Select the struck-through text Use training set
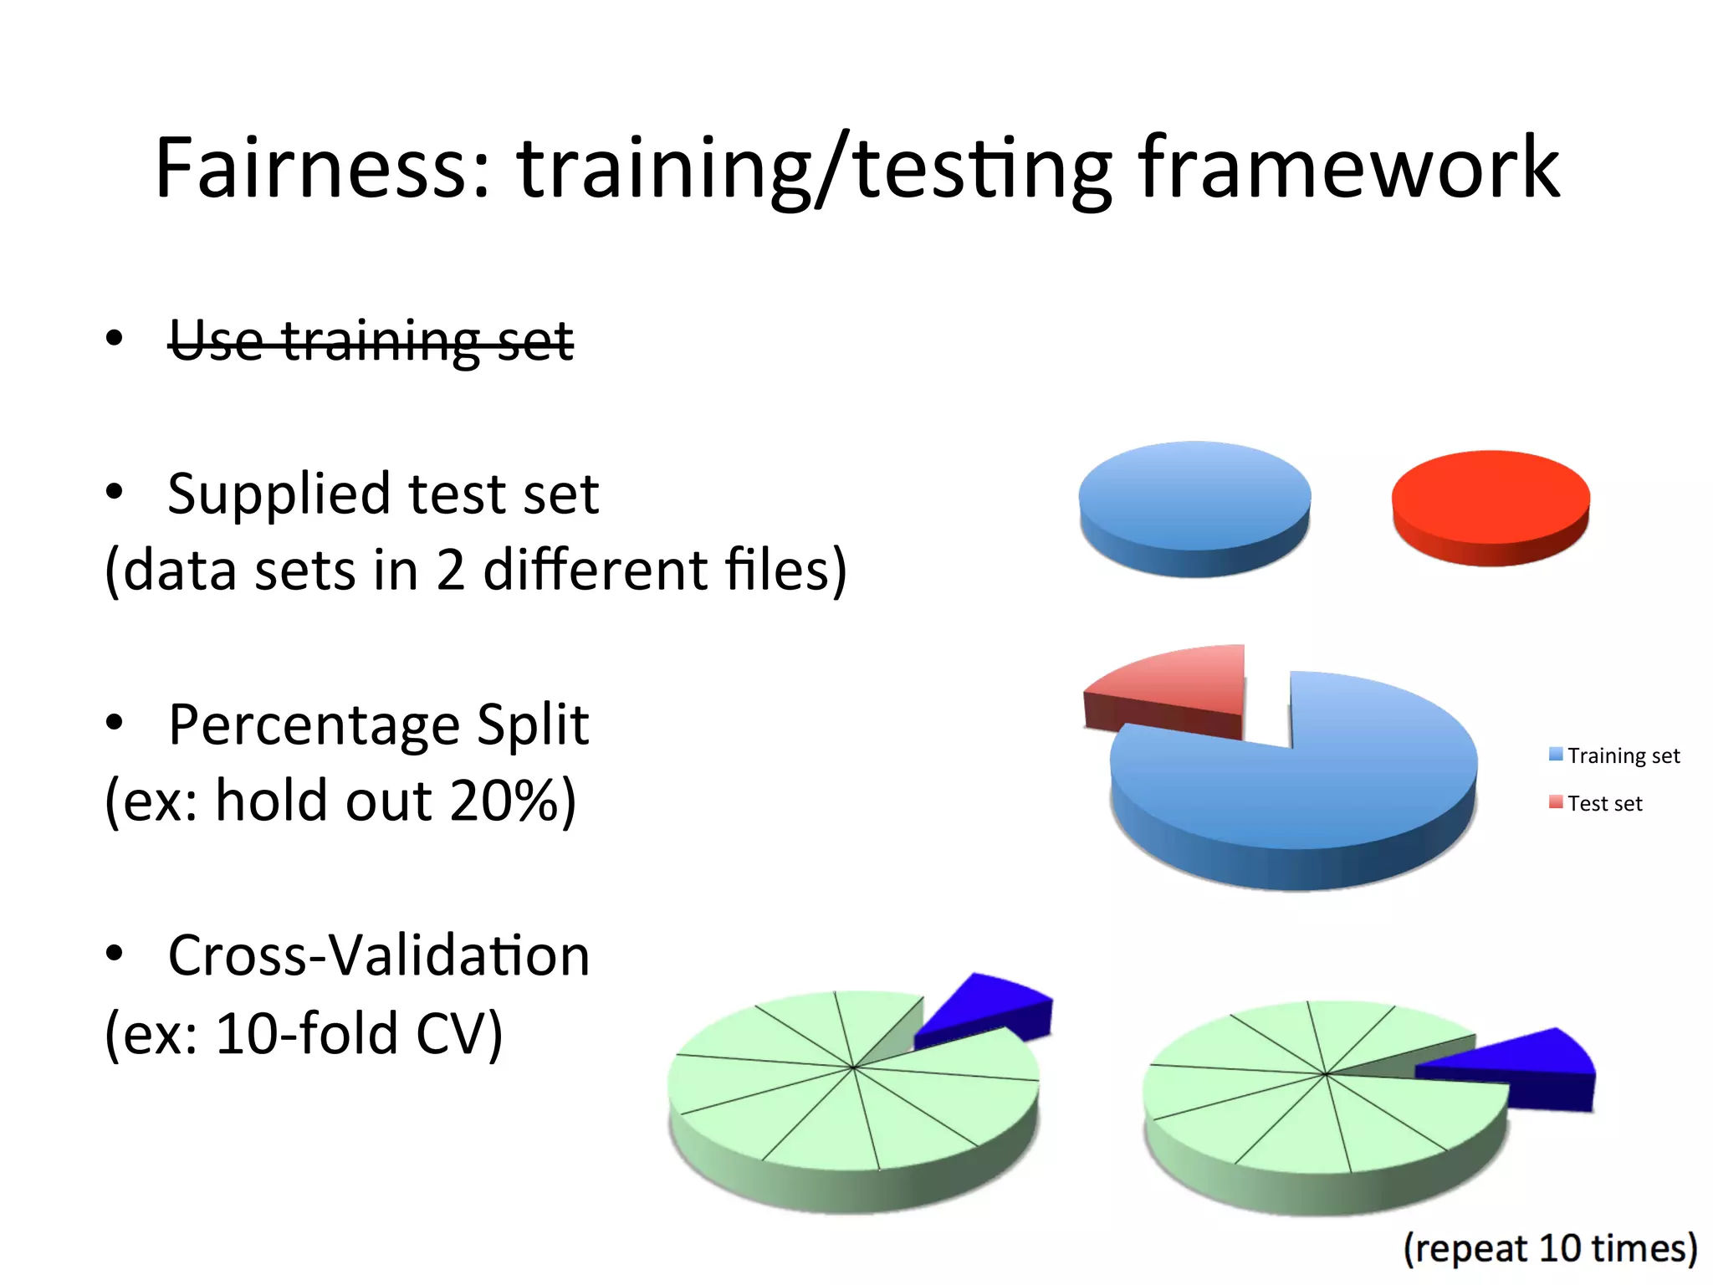click(371, 341)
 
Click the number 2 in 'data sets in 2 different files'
click(451, 571)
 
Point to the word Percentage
click(313, 725)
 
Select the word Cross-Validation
click(379, 955)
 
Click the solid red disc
click(1491, 499)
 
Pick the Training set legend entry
click(1614, 755)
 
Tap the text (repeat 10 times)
click(1550, 1248)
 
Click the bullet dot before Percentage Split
click(115, 722)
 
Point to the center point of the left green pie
click(852, 1067)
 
